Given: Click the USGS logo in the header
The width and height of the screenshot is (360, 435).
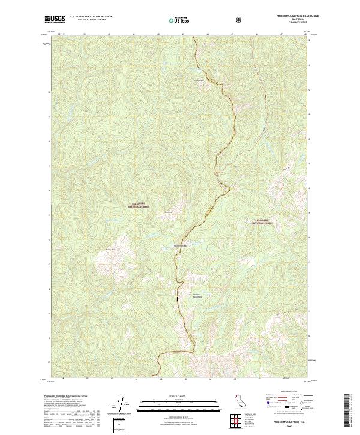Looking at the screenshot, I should tap(55, 19).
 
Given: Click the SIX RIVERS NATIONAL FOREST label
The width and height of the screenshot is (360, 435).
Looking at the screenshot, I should tap(139, 205).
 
